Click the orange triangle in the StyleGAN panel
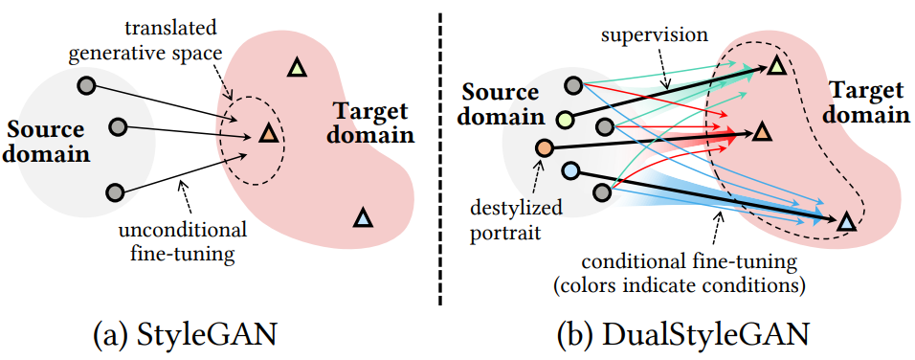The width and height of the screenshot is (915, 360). [267, 134]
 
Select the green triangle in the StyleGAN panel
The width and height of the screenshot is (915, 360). [297, 68]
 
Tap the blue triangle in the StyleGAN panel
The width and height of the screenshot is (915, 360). [362, 217]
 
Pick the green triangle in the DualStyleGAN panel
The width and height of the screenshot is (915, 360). [777, 65]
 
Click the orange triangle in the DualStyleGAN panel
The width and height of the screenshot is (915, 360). [762, 133]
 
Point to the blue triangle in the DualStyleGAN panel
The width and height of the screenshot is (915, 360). [846, 222]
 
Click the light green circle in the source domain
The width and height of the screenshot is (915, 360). [566, 120]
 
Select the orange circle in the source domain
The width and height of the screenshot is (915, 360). [544, 148]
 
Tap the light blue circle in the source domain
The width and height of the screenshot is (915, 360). [570, 171]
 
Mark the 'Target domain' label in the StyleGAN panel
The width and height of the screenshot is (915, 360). [373, 124]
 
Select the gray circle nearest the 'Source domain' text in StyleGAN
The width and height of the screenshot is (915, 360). [119, 126]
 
